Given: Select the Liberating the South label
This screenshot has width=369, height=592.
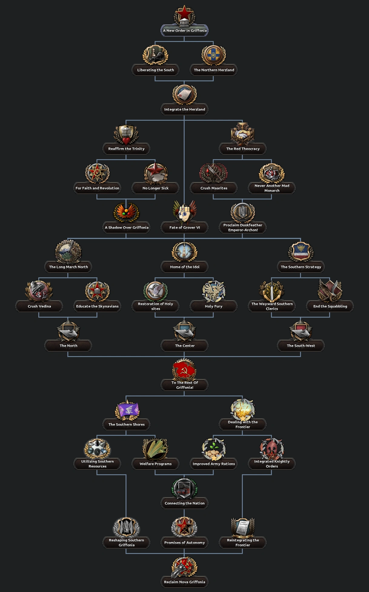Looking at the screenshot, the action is (155, 70).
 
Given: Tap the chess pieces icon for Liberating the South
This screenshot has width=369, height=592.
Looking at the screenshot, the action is (155, 55).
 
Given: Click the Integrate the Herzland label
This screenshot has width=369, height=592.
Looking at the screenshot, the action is (184, 109).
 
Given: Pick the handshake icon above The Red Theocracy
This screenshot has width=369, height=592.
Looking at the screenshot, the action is (243, 134).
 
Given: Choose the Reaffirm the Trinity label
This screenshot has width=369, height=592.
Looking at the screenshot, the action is (126, 149).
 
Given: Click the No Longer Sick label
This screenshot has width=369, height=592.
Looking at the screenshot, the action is (155, 188).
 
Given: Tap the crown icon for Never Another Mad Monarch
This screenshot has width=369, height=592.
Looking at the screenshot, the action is (272, 173).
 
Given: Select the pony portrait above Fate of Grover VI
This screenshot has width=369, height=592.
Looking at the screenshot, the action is (184, 212).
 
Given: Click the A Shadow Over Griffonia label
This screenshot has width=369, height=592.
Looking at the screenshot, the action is (127, 228).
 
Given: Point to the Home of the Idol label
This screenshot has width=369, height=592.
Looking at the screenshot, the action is (184, 267).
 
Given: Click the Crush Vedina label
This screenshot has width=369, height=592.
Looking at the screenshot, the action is (39, 306).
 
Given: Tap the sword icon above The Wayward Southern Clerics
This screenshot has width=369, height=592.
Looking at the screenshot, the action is (272, 291).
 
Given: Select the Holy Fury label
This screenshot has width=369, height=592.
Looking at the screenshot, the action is (214, 306).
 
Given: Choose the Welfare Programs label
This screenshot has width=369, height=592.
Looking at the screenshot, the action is (155, 464).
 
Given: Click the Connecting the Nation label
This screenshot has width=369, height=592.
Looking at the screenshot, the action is (184, 503).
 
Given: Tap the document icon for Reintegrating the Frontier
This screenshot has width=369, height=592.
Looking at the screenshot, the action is (243, 527).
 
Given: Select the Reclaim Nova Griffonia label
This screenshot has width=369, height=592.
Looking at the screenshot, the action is (184, 582).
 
